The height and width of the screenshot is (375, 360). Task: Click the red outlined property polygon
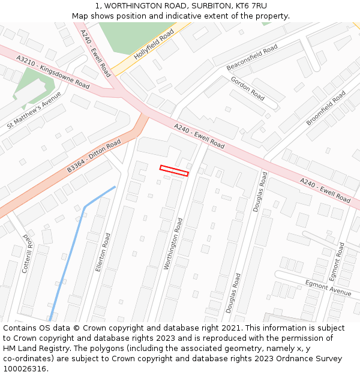click(174, 170)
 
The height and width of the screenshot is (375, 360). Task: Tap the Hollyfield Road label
click(154, 44)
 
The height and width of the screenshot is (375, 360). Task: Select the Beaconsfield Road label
click(252, 57)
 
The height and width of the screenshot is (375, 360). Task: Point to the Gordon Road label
click(248, 89)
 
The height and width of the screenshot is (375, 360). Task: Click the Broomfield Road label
click(326, 108)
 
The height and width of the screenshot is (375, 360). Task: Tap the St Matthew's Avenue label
click(34, 110)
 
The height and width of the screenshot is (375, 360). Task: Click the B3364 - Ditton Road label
click(94, 156)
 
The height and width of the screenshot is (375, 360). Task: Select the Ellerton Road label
click(103, 252)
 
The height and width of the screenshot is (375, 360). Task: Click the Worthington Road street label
click(173, 244)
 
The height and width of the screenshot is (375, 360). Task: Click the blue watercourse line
click(72, 246)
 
